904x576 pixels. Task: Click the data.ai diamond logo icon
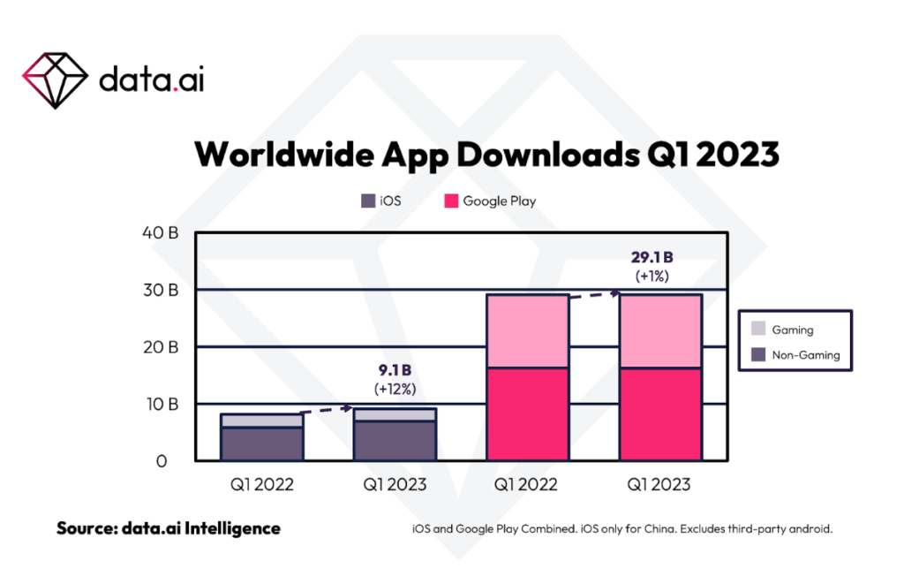point(55,79)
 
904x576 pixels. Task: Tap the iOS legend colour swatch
point(368,201)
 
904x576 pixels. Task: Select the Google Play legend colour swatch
point(450,201)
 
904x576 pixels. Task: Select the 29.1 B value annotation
point(652,257)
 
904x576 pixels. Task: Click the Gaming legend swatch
point(758,330)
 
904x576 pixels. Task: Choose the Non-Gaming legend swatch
point(758,355)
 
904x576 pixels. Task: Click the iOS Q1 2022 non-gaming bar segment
point(261,443)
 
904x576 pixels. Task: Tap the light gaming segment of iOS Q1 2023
point(395,414)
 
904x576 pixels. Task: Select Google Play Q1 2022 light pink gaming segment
point(528,330)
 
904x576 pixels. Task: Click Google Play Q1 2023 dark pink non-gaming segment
point(660,413)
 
